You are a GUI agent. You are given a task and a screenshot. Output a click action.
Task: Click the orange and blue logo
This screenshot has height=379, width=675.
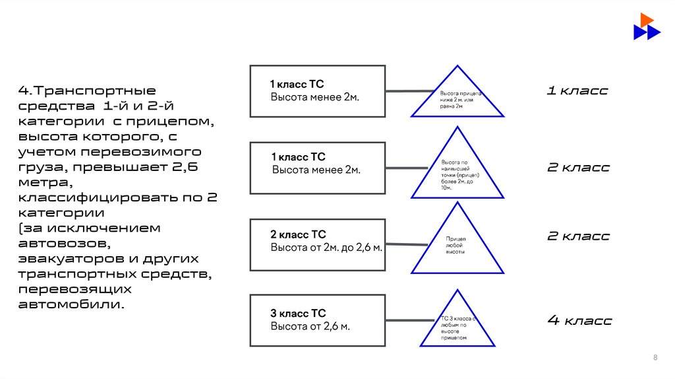pyautogui.click(x=646, y=26)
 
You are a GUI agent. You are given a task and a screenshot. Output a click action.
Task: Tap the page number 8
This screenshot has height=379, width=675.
pyautogui.click(x=655, y=357)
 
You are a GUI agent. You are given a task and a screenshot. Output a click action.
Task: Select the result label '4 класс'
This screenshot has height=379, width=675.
pyautogui.click(x=579, y=321)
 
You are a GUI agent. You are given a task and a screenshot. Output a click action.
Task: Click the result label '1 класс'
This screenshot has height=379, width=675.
pyautogui.click(x=577, y=90)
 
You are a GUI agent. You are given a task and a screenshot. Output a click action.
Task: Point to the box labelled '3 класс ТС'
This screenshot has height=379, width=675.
pyautogui.click(x=318, y=320)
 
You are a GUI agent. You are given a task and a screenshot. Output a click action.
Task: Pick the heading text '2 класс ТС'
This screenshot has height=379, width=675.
pyautogui.click(x=298, y=234)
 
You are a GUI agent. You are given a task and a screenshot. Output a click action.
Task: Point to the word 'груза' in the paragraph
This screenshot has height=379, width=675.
pyautogui.click(x=41, y=167)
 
